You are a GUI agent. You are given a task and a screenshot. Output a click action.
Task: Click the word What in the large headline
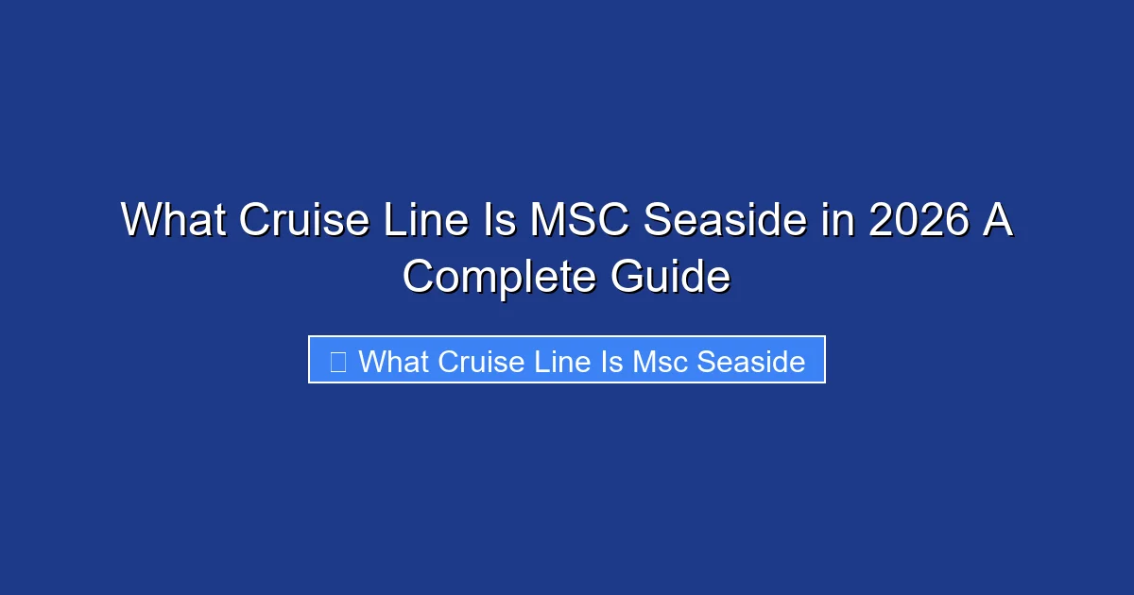pyautogui.click(x=173, y=221)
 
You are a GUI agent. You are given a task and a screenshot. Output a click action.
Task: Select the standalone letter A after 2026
pyautogui.click(x=998, y=221)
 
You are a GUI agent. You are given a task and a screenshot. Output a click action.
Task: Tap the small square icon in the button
pyautogui.click(x=338, y=361)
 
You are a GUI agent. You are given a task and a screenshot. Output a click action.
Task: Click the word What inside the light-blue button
pyautogui.click(x=393, y=361)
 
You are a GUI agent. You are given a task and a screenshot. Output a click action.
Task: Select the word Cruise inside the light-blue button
pyautogui.click(x=478, y=361)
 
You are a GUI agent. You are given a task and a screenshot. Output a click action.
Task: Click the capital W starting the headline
pyautogui.click(x=141, y=221)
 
